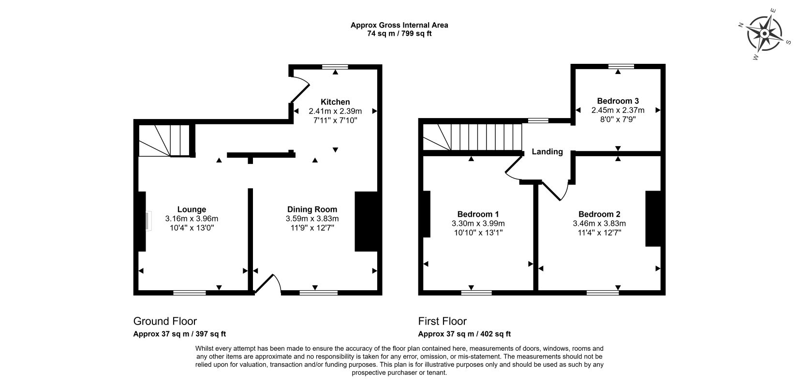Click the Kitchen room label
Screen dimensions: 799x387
pos(335,102)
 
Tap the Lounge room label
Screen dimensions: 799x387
pos(192,209)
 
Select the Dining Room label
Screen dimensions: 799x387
pos(312,209)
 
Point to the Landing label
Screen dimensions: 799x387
pos(547,152)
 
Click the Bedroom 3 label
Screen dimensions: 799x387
pos(618,101)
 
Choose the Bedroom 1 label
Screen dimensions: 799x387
pos(478,214)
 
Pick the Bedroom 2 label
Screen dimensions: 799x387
pos(599,214)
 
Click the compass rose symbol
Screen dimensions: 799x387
pos(764,34)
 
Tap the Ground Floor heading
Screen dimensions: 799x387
pos(165,321)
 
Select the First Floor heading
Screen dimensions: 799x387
pos(442,321)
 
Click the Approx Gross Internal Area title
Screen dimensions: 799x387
pos(399,25)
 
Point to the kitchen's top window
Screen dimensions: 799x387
pos(335,67)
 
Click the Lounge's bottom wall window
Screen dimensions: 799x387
pos(190,293)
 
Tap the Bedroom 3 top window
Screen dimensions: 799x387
pos(621,66)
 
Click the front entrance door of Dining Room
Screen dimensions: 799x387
pos(267,284)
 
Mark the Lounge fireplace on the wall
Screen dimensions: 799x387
pos(142,221)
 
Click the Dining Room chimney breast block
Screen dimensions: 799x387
pos(366,222)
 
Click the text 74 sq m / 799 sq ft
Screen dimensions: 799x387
pos(399,33)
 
